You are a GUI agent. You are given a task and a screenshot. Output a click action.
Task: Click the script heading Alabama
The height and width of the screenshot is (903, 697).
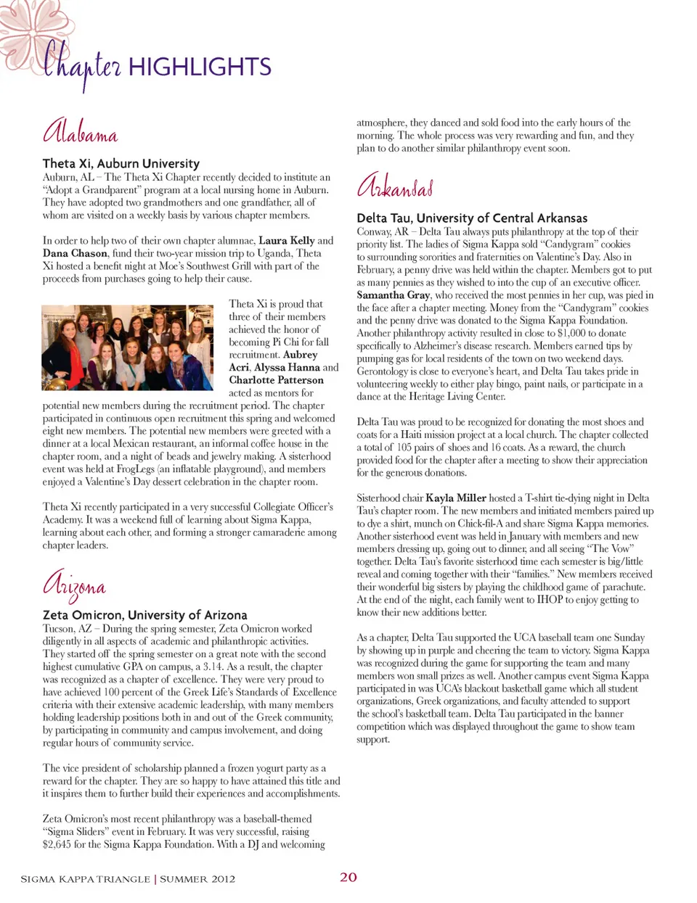(81, 132)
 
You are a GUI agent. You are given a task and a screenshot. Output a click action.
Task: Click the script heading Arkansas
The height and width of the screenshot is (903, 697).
(396, 186)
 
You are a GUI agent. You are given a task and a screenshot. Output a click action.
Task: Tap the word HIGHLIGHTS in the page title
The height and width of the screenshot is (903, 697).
(200, 67)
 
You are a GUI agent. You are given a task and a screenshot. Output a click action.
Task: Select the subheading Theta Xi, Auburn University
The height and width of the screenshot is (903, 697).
(121, 164)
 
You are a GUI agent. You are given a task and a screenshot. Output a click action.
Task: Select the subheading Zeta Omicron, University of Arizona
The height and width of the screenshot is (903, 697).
(145, 615)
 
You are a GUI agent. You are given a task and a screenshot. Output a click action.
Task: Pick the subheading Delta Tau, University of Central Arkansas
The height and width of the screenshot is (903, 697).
(472, 218)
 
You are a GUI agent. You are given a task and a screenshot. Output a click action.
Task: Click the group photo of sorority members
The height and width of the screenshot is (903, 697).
(132, 348)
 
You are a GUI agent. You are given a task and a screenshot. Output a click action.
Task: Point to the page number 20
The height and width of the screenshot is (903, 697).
(348, 877)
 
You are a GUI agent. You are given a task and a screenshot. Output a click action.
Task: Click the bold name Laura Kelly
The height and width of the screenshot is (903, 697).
(287, 241)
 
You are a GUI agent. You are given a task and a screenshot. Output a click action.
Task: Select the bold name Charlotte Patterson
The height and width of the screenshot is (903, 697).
(277, 380)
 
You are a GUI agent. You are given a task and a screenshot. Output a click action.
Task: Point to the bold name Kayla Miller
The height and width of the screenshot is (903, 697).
(456, 498)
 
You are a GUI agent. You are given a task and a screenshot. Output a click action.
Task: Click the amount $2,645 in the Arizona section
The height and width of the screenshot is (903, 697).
(56, 844)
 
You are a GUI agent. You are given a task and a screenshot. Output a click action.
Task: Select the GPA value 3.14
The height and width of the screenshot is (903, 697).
(211, 667)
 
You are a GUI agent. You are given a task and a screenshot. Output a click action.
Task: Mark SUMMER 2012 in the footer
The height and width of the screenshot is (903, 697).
(197, 879)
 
